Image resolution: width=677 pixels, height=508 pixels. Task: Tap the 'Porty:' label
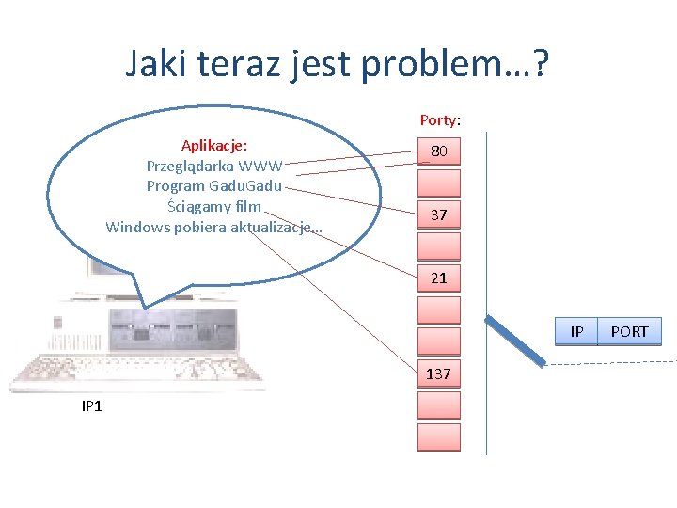440,120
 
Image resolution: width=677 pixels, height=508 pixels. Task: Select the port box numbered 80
439,151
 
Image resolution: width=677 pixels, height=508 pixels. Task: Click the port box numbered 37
439,215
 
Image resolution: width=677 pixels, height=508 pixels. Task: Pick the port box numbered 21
439,278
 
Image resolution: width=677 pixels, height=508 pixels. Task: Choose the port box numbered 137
439,373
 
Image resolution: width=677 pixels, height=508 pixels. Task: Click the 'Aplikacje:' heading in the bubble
214,146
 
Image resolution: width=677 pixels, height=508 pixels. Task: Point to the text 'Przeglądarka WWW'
214,166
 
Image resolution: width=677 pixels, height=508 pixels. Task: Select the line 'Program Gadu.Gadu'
214,186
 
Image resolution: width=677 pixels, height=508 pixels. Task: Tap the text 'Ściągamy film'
214,206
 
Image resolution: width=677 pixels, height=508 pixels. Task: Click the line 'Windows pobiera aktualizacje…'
214,227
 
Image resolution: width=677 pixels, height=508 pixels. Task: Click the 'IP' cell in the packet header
576,332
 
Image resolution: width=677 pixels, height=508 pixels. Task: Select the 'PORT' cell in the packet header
629,332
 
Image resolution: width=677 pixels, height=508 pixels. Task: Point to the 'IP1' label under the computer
92,405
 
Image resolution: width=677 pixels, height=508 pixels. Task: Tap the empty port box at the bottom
439,437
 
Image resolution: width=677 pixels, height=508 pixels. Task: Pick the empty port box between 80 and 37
439,183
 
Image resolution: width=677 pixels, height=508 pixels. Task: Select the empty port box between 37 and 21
439,246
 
